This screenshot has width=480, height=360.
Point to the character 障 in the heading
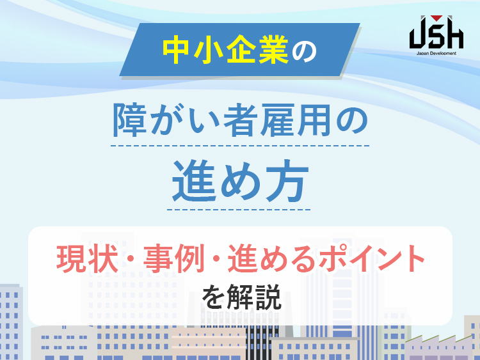[129, 120]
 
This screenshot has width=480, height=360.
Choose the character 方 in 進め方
[289, 181]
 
